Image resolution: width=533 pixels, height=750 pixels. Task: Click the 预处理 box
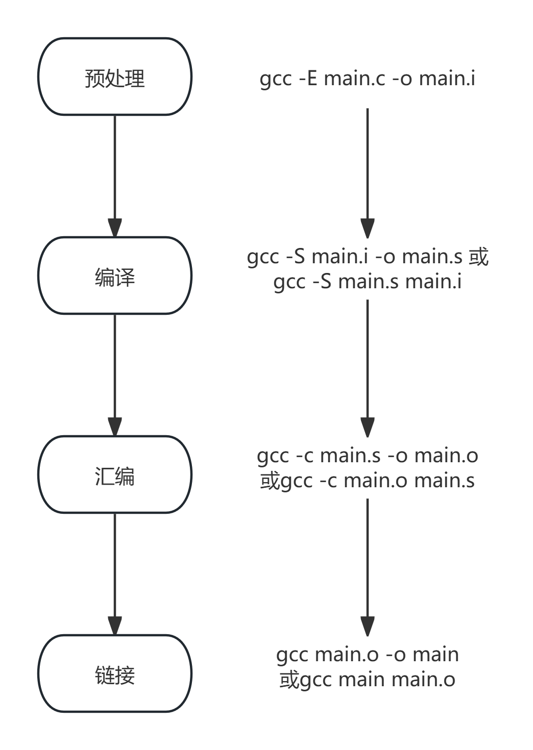tap(115, 77)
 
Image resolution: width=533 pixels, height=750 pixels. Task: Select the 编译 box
tap(115, 276)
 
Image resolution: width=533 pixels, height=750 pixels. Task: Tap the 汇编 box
tap(115, 475)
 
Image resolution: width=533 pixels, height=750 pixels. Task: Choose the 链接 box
tap(115, 674)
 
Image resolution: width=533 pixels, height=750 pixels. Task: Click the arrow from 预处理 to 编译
tap(115, 173)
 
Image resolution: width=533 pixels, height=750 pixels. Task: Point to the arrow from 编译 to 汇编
tap(115, 372)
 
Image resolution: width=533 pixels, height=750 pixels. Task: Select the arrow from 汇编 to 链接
tap(115, 571)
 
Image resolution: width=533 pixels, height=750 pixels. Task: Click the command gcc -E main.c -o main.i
tap(368, 79)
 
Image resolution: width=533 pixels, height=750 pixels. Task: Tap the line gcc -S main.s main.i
tap(368, 281)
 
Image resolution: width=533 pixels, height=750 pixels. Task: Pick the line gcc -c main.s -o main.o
tap(368, 455)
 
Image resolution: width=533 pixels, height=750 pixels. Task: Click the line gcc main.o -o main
tap(368, 654)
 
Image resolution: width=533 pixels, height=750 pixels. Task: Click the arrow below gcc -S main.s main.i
tap(368, 367)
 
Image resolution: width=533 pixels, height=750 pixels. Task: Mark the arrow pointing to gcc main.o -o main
tap(368, 566)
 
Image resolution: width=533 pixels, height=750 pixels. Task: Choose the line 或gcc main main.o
tap(368, 680)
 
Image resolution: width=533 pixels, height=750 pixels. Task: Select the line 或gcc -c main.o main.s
tap(368, 481)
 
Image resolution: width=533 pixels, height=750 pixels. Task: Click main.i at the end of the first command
tap(447, 79)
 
